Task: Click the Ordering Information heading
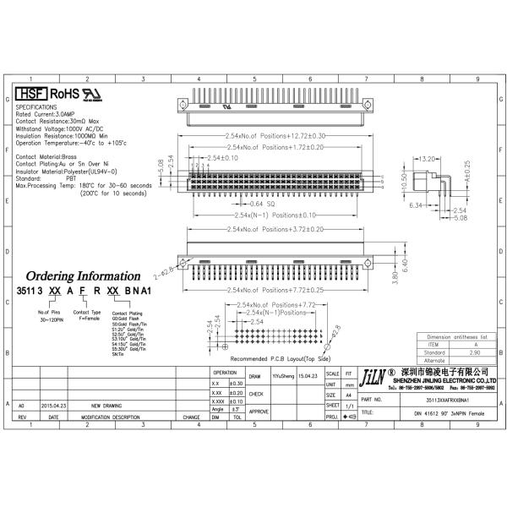(83, 275)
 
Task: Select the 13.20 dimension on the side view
(427, 158)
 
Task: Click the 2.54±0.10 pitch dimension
(222, 158)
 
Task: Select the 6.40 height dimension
(405, 264)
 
